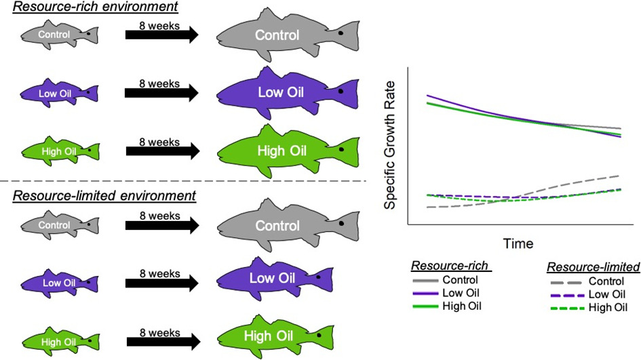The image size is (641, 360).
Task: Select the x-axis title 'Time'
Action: [x=518, y=243]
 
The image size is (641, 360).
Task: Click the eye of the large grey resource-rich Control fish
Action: [x=341, y=33]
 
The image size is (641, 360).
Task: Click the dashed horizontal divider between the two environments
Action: [x=183, y=181]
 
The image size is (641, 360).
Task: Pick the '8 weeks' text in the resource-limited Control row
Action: [x=159, y=216]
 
